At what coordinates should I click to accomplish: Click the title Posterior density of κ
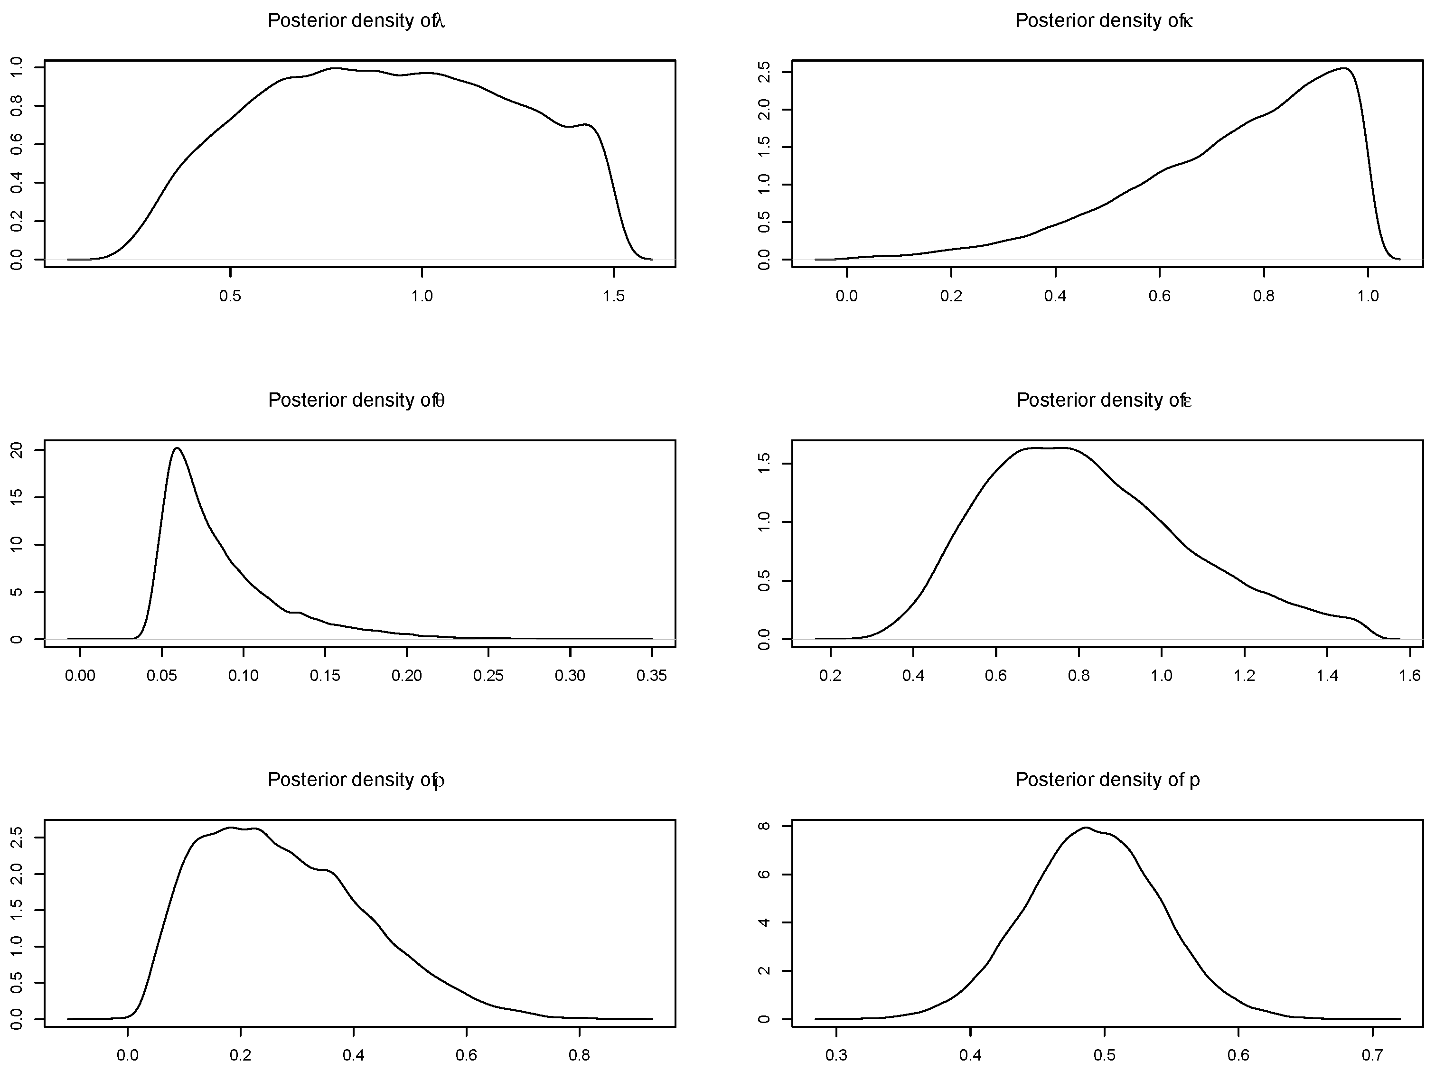coord(1104,21)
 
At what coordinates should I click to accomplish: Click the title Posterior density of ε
coord(1104,400)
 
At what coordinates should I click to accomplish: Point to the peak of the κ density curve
coord(1345,68)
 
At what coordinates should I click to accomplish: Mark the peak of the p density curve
coord(1085,827)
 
